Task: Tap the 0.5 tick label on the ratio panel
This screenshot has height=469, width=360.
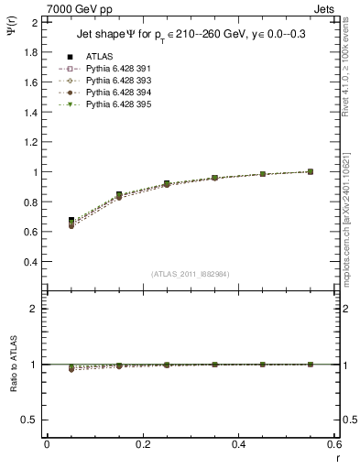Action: tap(28, 420)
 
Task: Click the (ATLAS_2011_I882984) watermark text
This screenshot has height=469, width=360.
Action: tap(191, 274)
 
